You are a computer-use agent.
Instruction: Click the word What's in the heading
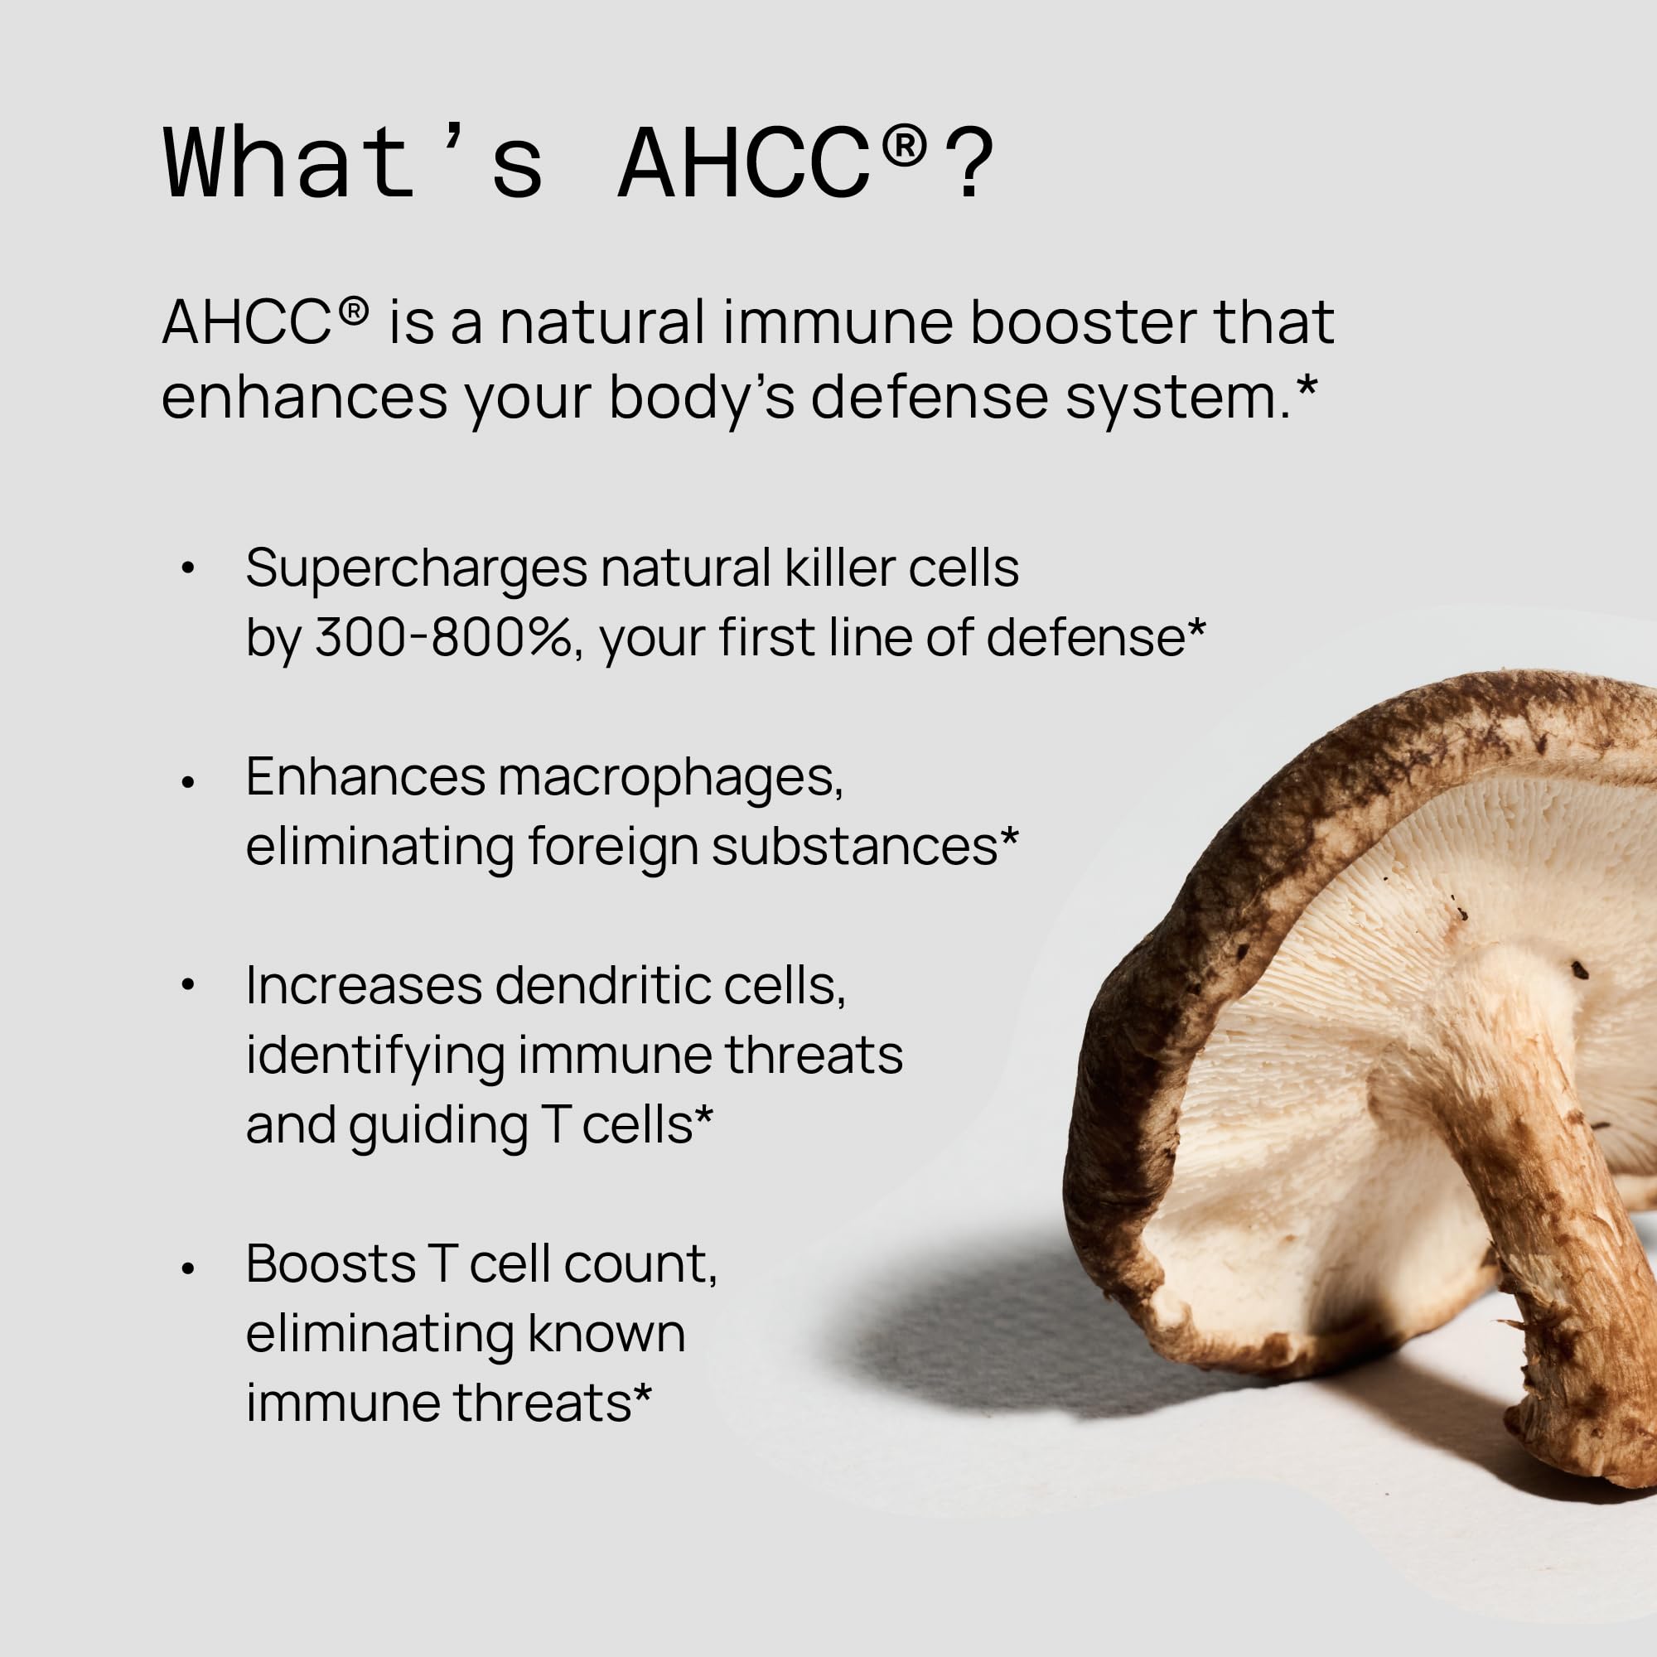(x=352, y=163)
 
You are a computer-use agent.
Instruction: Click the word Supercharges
(x=416, y=569)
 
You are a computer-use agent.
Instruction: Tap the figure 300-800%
(x=442, y=638)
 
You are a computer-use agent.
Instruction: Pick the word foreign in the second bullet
(x=612, y=848)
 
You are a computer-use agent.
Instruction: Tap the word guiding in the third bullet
(x=437, y=1126)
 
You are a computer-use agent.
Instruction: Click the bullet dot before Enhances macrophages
(x=189, y=781)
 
